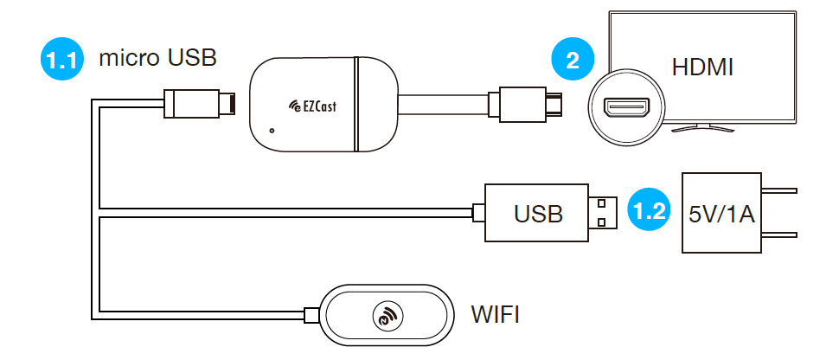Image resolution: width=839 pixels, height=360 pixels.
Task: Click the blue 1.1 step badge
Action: pyautogui.click(x=62, y=61)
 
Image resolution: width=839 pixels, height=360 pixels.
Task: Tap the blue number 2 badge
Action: pyautogui.click(x=572, y=61)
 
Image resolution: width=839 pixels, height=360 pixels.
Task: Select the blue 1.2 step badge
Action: pyautogui.click(x=650, y=210)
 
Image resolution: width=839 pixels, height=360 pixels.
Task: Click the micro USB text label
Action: pyautogui.click(x=158, y=59)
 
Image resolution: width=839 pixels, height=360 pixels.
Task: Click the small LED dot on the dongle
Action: pyautogui.click(x=272, y=132)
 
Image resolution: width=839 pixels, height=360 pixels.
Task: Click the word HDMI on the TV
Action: pyautogui.click(x=701, y=67)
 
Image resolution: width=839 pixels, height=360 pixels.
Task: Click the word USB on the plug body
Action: pyautogui.click(x=538, y=213)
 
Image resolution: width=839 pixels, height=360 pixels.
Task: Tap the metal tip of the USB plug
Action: pyautogui.click(x=605, y=212)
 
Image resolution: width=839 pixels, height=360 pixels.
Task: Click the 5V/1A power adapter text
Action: pyautogui.click(x=722, y=214)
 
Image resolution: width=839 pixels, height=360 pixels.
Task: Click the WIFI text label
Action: pyautogui.click(x=494, y=313)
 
